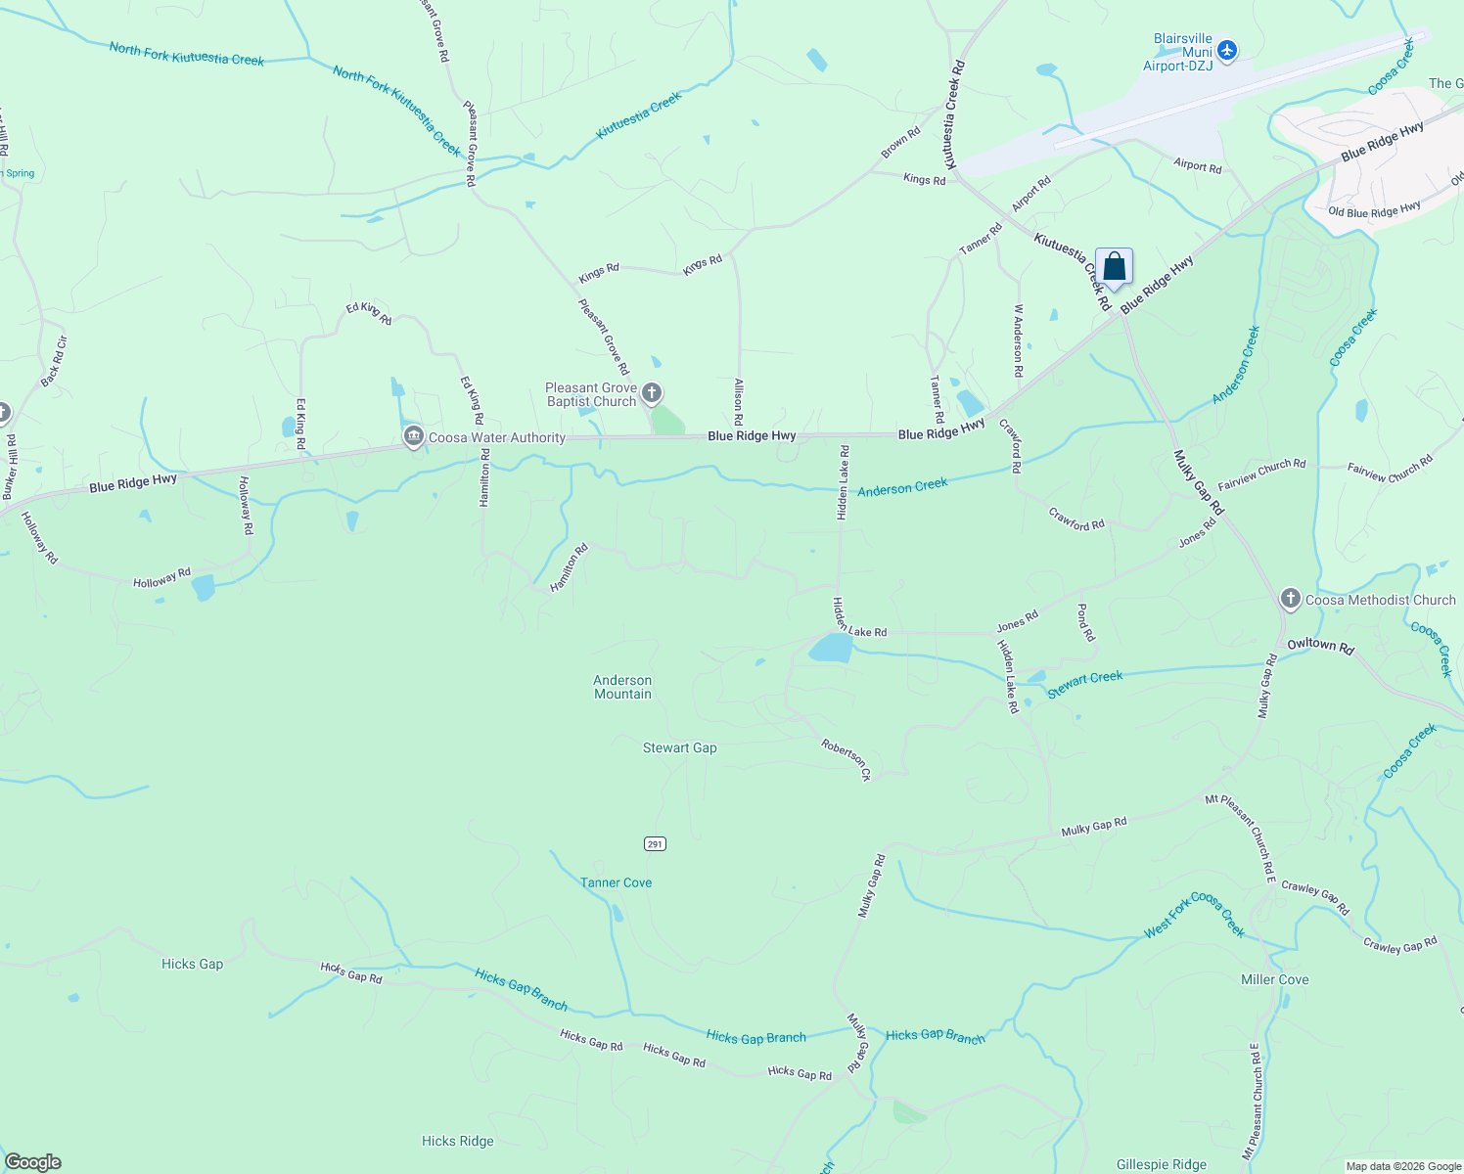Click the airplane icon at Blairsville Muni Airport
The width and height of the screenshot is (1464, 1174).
tap(1227, 50)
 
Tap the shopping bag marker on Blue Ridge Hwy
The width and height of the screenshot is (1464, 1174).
tap(1114, 266)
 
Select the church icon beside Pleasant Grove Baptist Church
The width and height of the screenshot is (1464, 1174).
tap(652, 393)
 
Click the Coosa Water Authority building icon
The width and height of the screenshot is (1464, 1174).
tap(413, 436)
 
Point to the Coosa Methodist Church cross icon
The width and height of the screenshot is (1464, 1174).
tap(1290, 599)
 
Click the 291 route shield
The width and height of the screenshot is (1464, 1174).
tap(655, 843)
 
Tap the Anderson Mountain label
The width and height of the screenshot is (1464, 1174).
tap(622, 687)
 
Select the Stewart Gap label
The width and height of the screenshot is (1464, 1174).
tap(679, 747)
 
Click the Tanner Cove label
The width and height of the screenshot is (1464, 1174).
tap(616, 882)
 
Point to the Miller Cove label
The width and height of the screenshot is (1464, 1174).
tap(1274, 979)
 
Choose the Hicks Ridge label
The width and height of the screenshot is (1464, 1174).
tap(457, 1141)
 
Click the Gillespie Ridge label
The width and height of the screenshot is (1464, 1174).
tap(1162, 1164)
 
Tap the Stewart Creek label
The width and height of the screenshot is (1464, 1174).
tap(1084, 683)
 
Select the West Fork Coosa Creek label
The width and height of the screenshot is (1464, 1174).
tap(1195, 916)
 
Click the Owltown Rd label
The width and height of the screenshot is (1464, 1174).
tap(1320, 646)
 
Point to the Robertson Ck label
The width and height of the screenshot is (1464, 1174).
tap(846, 759)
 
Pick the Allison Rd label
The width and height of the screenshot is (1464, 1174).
tap(739, 401)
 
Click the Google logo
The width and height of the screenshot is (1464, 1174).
tap(33, 1162)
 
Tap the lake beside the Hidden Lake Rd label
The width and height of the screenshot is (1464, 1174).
tap(831, 648)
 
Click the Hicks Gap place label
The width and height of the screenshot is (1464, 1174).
tap(192, 964)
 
